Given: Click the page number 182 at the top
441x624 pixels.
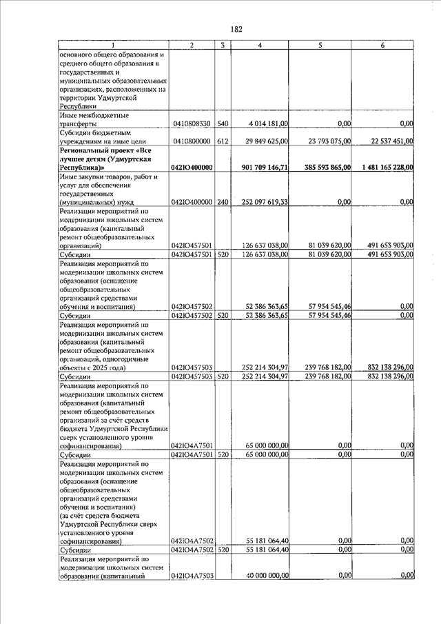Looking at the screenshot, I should (236, 29).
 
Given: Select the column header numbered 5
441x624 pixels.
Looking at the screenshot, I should (320, 46).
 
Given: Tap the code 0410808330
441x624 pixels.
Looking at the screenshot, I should (192, 124).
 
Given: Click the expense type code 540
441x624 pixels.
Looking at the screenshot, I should (223, 124).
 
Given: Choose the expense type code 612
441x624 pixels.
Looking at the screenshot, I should (223, 141).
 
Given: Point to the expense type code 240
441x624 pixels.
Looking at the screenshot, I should (223, 202).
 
